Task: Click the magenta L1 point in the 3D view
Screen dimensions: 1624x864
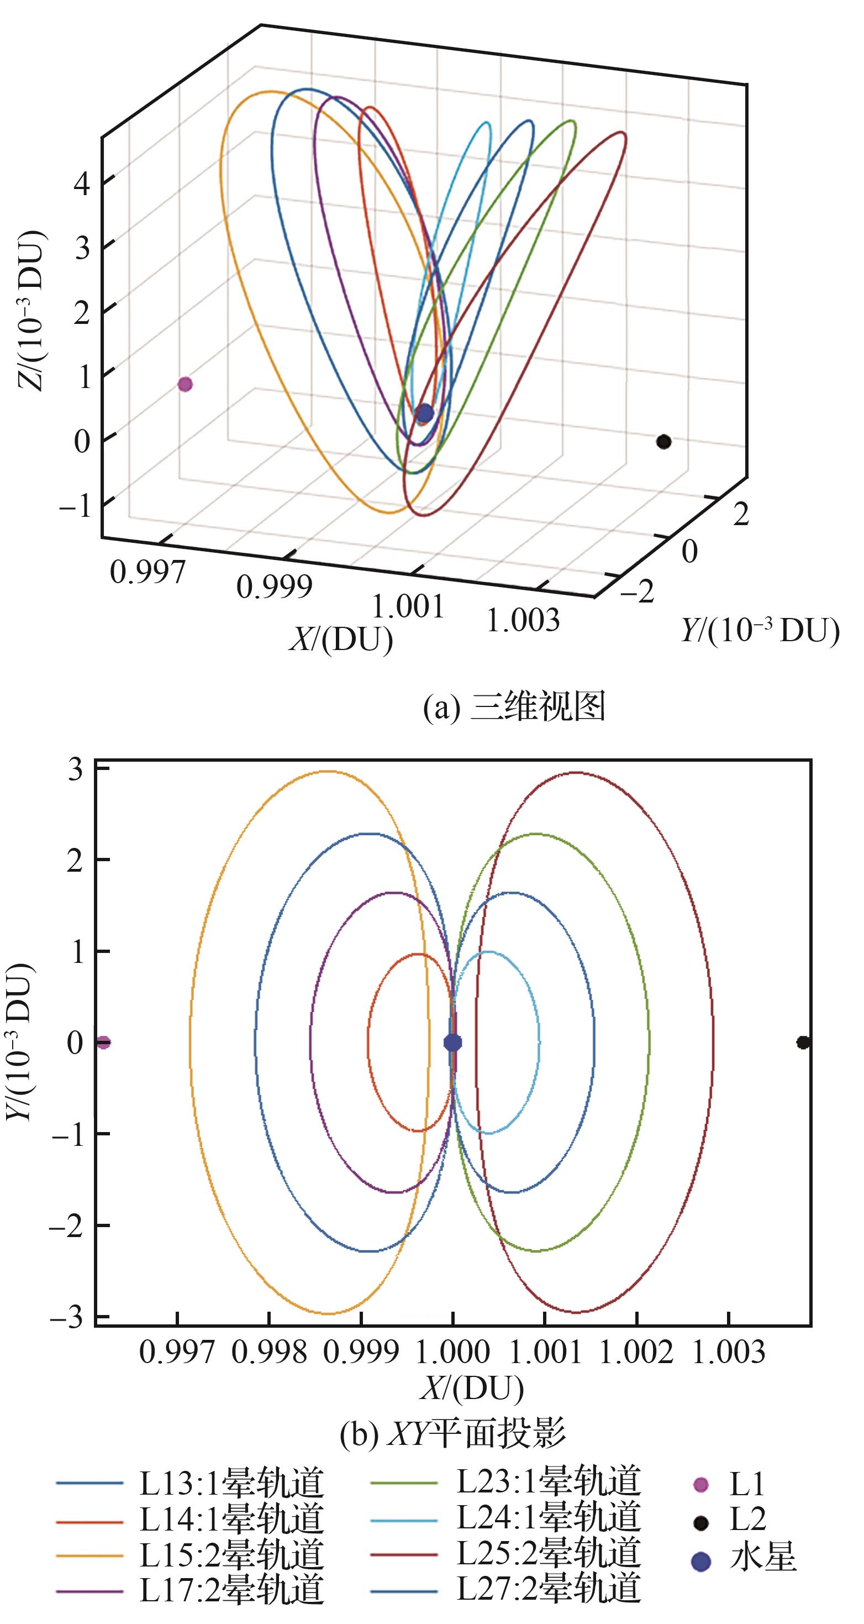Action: click(185, 384)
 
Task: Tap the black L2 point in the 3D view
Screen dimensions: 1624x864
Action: click(663, 441)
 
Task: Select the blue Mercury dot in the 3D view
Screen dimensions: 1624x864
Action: click(425, 413)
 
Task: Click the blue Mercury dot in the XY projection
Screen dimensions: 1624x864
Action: click(452, 1042)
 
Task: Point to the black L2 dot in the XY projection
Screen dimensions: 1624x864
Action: click(802, 1042)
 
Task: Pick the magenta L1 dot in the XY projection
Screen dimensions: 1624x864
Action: click(103, 1042)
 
